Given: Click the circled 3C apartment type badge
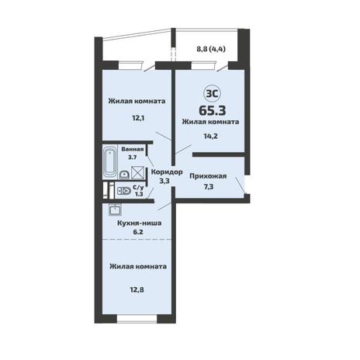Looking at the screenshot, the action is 213,94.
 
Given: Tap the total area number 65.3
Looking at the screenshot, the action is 213,110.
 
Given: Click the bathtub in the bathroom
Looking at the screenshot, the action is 110,162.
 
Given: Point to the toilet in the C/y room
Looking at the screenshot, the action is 124,191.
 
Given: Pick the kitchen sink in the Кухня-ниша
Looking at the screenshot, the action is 115,209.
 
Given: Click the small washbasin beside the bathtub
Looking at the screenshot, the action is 125,175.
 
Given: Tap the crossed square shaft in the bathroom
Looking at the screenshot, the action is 137,173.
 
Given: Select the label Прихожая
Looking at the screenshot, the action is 208,176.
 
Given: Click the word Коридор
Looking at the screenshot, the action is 167,172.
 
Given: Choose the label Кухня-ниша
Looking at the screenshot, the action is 140,223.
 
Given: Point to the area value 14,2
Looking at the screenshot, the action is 211,136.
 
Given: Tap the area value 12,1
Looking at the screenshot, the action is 138,118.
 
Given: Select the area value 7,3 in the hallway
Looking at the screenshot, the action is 209,187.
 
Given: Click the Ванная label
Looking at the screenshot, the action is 133,149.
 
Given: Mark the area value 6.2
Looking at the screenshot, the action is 138,232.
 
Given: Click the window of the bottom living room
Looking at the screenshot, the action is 137,319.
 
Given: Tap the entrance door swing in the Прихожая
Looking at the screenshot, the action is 241,185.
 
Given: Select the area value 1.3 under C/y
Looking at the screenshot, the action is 139,194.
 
